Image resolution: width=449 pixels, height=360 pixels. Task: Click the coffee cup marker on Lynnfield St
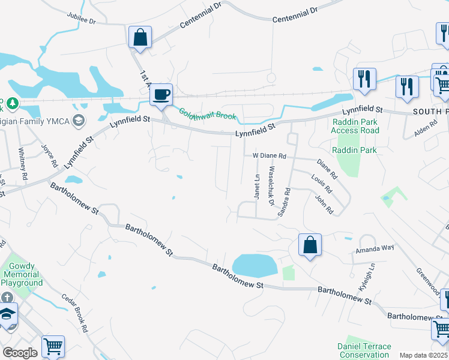[x=161, y=95]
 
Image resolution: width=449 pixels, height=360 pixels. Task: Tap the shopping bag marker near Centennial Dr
[x=140, y=38]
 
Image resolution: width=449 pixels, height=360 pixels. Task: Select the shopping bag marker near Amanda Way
[x=310, y=245]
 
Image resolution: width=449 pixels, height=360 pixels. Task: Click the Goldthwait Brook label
[x=207, y=113]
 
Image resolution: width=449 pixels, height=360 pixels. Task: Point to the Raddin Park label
[x=354, y=150]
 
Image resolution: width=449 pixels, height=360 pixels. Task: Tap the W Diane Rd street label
[x=269, y=155]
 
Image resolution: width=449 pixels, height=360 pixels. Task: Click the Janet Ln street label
[x=258, y=187]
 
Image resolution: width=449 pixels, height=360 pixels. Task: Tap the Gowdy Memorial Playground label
[x=22, y=274]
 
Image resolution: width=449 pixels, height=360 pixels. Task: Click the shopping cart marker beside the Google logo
[x=53, y=346]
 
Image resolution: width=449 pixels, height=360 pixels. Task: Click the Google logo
[x=20, y=353]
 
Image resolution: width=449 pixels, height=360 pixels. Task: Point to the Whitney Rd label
[x=23, y=164]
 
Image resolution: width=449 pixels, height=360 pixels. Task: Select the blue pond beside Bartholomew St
[x=254, y=265]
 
